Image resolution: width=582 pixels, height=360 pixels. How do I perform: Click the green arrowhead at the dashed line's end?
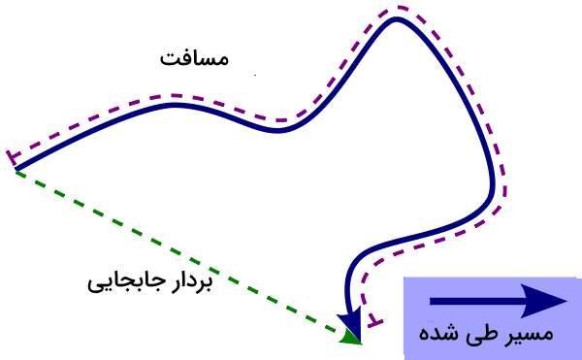coord(351,336)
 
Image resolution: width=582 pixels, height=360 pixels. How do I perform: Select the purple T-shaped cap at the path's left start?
coord(13,156)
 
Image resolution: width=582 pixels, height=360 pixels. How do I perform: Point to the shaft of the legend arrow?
coord(475,301)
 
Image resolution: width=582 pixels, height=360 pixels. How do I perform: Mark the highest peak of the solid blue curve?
coord(396,18)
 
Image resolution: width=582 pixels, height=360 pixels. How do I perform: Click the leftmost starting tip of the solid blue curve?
coord(16,170)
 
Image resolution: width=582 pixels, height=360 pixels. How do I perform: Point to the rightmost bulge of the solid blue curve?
coord(494,184)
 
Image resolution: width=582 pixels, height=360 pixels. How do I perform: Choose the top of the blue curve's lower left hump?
coord(175,104)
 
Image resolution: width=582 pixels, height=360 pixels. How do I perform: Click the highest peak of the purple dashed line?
coord(401,8)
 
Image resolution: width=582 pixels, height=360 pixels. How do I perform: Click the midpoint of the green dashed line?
coord(184,255)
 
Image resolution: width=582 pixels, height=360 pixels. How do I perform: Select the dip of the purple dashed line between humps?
coord(281,120)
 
